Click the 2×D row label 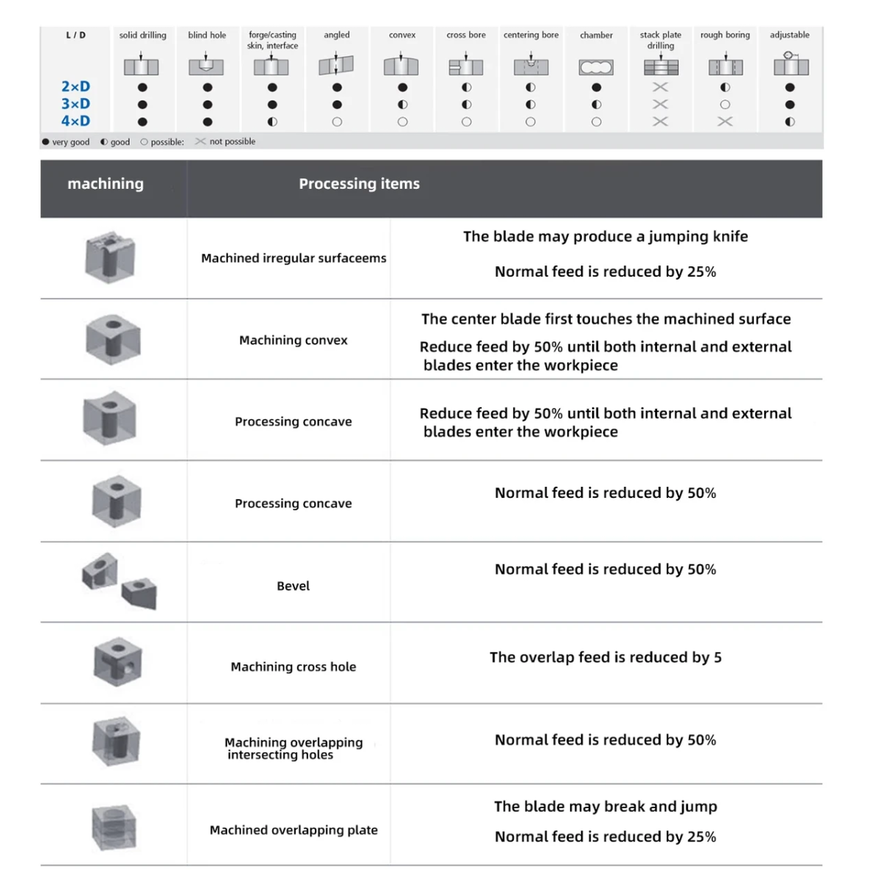(75, 87)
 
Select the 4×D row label (75, 122)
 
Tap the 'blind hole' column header (207, 35)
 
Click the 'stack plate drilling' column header (661, 40)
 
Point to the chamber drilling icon (596, 68)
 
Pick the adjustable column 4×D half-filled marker (790, 122)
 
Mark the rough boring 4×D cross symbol (725, 122)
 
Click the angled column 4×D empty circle (337, 122)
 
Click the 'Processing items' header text (359, 184)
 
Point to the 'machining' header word (105, 184)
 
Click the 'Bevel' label (293, 586)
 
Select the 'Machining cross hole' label (293, 667)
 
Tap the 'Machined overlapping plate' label (294, 830)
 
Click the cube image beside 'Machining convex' (113, 340)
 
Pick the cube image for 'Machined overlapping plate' (114, 827)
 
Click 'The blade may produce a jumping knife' (605, 237)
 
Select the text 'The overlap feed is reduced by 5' (605, 657)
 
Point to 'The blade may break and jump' (605, 807)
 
